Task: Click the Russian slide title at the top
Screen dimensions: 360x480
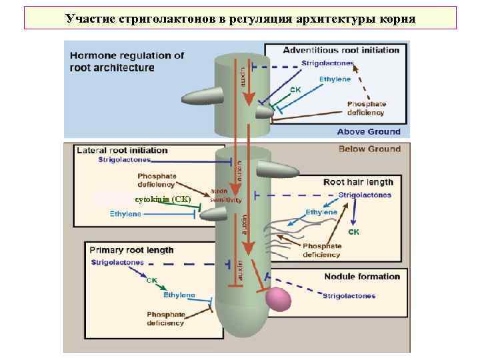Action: pyautogui.click(x=240, y=18)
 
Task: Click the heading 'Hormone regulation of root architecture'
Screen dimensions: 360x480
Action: pyautogui.click(x=127, y=61)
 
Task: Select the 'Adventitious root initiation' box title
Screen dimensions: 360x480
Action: pyautogui.click(x=341, y=50)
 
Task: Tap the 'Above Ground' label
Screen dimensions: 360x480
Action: pyautogui.click(x=368, y=131)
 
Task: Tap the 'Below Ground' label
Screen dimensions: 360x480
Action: pyautogui.click(x=369, y=149)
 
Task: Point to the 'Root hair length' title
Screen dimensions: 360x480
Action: pyautogui.click(x=358, y=182)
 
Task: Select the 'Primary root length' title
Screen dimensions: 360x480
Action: pyautogui.click(x=131, y=250)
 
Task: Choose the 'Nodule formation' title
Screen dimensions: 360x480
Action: pyautogui.click(x=362, y=276)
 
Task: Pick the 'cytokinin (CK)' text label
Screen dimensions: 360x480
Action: pyautogui.click(x=163, y=199)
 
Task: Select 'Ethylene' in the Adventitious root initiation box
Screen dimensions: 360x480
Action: pyautogui.click(x=334, y=79)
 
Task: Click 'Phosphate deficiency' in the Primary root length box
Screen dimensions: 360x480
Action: pyautogui.click(x=165, y=319)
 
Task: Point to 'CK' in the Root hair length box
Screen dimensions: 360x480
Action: pyautogui.click(x=353, y=232)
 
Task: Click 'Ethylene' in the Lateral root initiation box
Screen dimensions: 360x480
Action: pyautogui.click(x=125, y=214)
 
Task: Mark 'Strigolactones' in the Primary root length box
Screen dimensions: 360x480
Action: pyautogui.click(x=117, y=263)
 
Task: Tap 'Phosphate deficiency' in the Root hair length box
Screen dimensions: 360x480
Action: pyautogui.click(x=321, y=250)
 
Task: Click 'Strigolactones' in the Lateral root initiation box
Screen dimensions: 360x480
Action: pyautogui.click(x=125, y=160)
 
